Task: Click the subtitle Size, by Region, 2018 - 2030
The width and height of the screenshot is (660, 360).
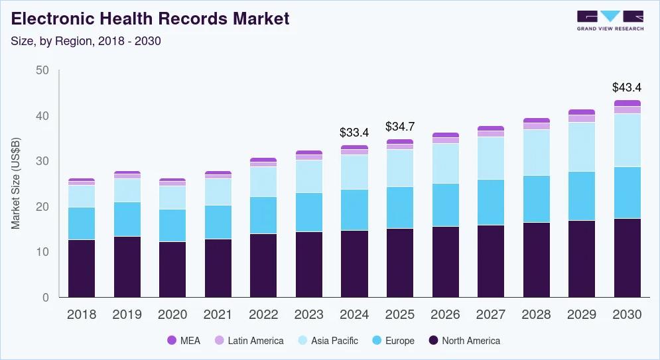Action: tap(86, 40)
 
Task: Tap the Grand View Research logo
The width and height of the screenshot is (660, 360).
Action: tap(610, 20)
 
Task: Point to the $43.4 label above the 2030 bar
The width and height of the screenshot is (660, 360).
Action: tap(627, 88)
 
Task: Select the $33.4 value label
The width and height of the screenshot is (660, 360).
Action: tap(354, 133)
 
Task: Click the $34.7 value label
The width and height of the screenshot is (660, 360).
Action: tap(400, 127)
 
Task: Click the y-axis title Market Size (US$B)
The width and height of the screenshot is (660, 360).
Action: tap(16, 184)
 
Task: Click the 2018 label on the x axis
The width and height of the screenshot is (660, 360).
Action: tap(82, 315)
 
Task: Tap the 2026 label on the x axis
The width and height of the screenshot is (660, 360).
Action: tap(445, 315)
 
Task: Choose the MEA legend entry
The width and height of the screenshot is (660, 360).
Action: tap(186, 341)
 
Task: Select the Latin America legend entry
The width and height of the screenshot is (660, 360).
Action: tap(248, 341)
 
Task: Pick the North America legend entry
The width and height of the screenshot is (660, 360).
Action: tap(464, 341)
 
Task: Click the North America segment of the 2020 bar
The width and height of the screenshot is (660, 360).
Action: tap(172, 269)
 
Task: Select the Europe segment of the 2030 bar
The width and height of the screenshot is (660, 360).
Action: tap(627, 192)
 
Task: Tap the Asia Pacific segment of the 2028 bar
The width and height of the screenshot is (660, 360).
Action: tap(536, 152)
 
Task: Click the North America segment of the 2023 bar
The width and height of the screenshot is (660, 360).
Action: tap(309, 264)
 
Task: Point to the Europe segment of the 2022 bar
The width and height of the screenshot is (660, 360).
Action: tap(263, 215)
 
